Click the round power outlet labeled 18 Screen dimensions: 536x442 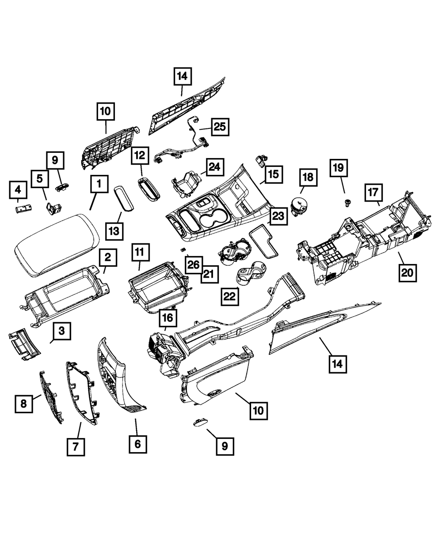(300, 205)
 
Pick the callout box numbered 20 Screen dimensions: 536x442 (407, 272)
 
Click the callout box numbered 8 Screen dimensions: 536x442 (24, 403)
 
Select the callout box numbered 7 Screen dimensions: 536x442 (76, 446)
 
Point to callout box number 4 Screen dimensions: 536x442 (18, 190)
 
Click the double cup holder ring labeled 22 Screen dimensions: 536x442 (248, 273)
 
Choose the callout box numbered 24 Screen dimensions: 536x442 (214, 167)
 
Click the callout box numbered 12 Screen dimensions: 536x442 (140, 155)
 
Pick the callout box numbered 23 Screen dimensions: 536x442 (277, 216)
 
